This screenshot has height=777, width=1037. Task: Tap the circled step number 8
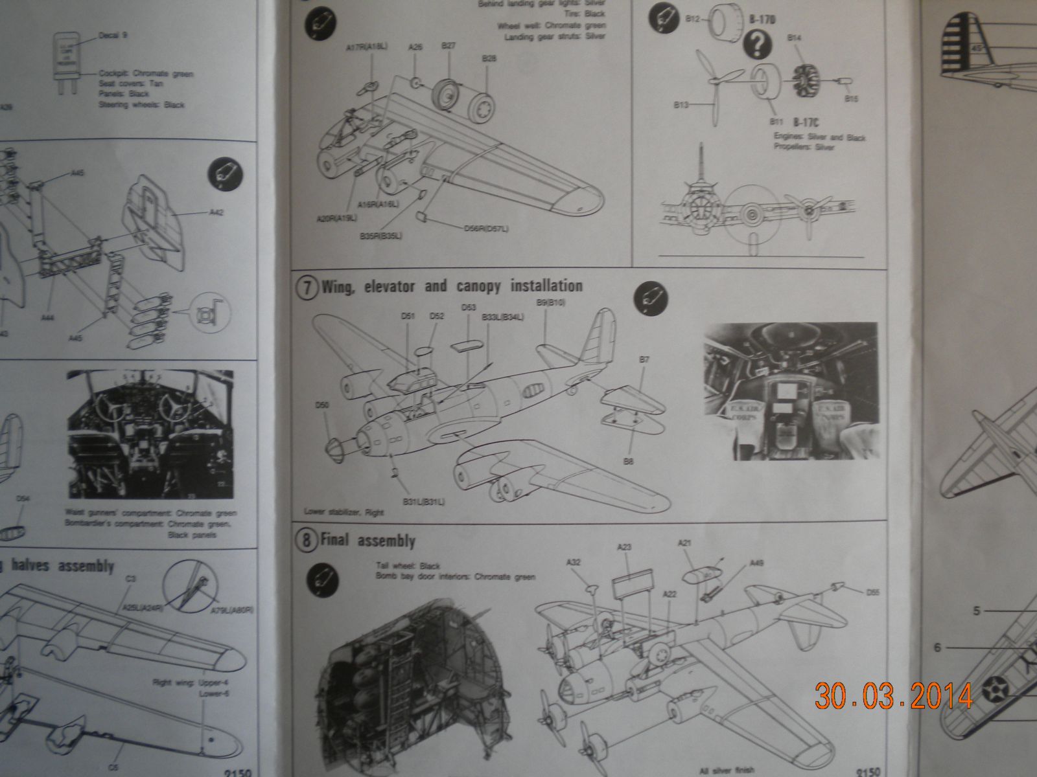308,540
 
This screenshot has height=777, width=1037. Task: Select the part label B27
448,46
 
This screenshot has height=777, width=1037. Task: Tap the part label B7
644,359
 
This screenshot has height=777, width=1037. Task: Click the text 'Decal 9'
113,35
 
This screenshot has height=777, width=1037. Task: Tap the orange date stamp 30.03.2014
894,696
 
